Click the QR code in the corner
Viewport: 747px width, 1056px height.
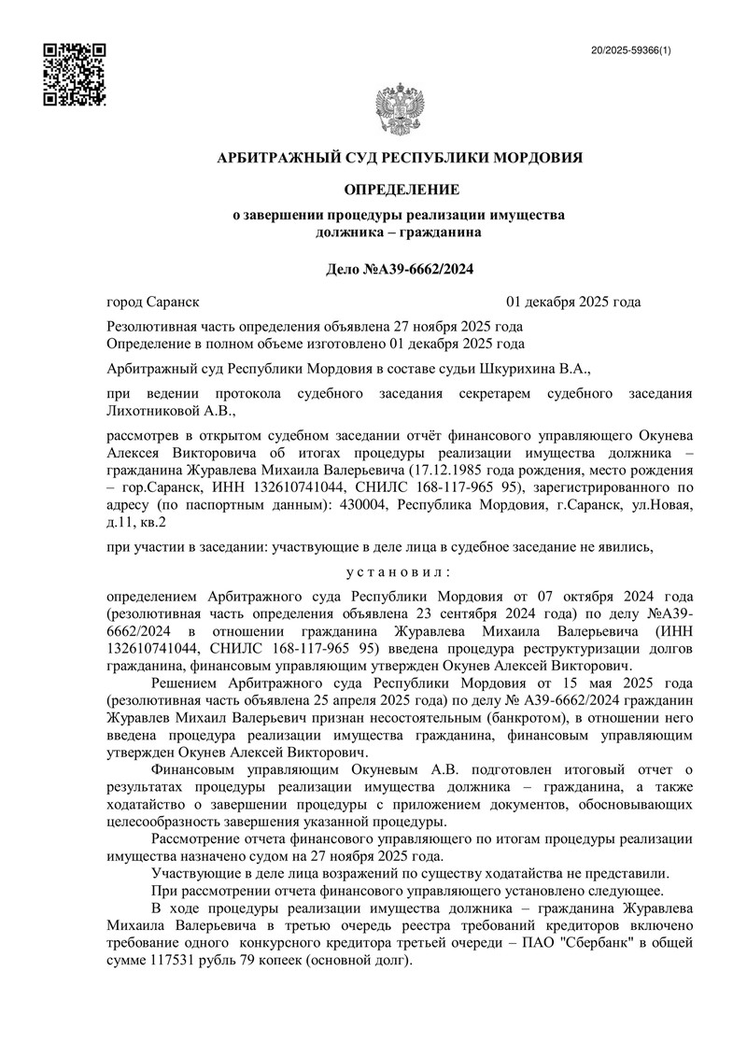(x=75, y=75)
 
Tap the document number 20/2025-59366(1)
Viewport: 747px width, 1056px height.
(x=631, y=50)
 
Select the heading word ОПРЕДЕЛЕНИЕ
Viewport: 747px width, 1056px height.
(x=402, y=190)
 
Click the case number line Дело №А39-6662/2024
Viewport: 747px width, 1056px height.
(x=399, y=270)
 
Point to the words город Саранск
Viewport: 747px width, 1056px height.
(x=153, y=302)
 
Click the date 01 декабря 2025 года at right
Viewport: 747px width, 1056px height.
(x=573, y=302)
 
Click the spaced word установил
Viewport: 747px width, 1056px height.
(x=399, y=570)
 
